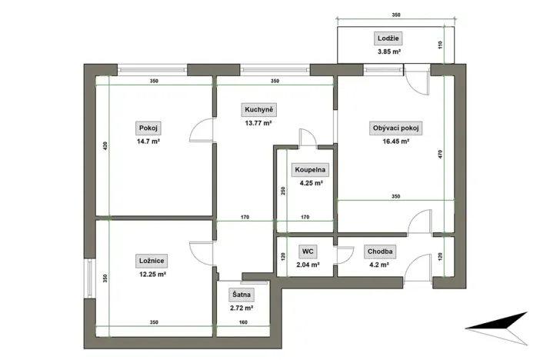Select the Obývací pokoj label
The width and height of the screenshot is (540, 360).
coord(395,128)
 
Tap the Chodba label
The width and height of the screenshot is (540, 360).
coord(381,251)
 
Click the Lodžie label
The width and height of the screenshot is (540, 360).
coord(389,38)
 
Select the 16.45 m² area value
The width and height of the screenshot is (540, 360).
coord(395,142)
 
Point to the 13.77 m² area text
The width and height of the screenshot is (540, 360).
coord(258,123)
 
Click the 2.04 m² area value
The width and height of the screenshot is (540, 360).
coord(305,265)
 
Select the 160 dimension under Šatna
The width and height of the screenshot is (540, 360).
coord(244,324)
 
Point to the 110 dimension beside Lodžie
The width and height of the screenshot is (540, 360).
coord(441,45)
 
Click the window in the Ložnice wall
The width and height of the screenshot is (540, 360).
coord(90,275)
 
